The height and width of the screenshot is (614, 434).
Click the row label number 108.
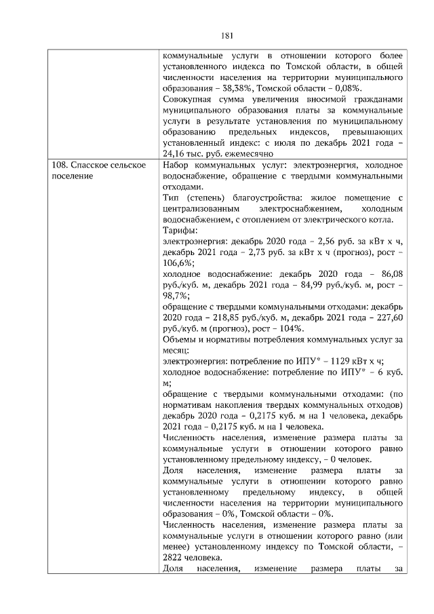[59, 166]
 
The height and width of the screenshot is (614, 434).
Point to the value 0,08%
[349, 88]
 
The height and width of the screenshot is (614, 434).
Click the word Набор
[178, 166]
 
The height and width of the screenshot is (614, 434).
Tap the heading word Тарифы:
[180, 231]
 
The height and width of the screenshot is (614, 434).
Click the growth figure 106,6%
[178, 263]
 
